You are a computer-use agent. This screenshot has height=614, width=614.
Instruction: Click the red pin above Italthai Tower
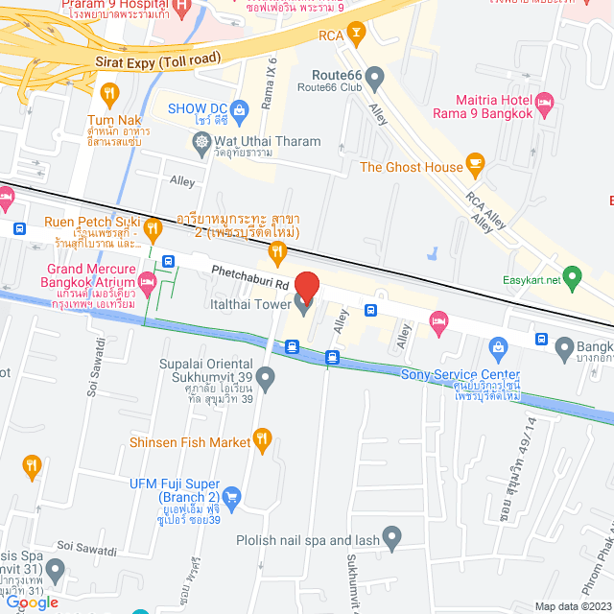pos(306,285)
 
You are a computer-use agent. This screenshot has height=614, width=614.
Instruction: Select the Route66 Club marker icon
pos(375,76)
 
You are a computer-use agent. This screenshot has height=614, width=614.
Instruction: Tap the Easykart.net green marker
pos(573,281)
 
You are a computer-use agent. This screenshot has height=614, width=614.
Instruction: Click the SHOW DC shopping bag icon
pos(238,107)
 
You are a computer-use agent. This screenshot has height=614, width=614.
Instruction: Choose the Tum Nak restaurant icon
pos(107,94)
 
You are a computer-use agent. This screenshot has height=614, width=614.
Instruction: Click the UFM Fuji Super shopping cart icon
pos(231,496)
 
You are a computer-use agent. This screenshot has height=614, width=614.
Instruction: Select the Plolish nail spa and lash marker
pos(391,536)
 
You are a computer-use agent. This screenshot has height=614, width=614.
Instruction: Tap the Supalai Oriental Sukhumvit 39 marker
pos(267,376)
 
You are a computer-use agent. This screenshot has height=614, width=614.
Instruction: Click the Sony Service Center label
pos(460,375)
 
